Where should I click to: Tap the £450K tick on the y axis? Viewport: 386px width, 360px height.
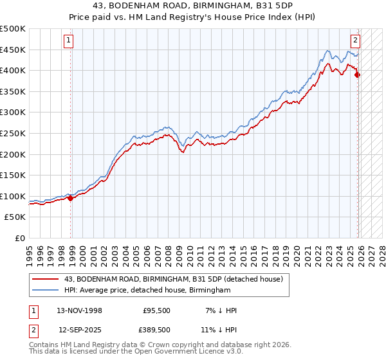tap(13, 50)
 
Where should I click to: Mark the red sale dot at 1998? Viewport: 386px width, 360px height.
tap(70, 198)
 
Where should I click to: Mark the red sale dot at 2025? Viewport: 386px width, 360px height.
tap(358, 75)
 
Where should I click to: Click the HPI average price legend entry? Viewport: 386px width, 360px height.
tap(147, 291)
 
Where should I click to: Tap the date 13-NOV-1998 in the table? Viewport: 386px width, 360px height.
tap(75, 310)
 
